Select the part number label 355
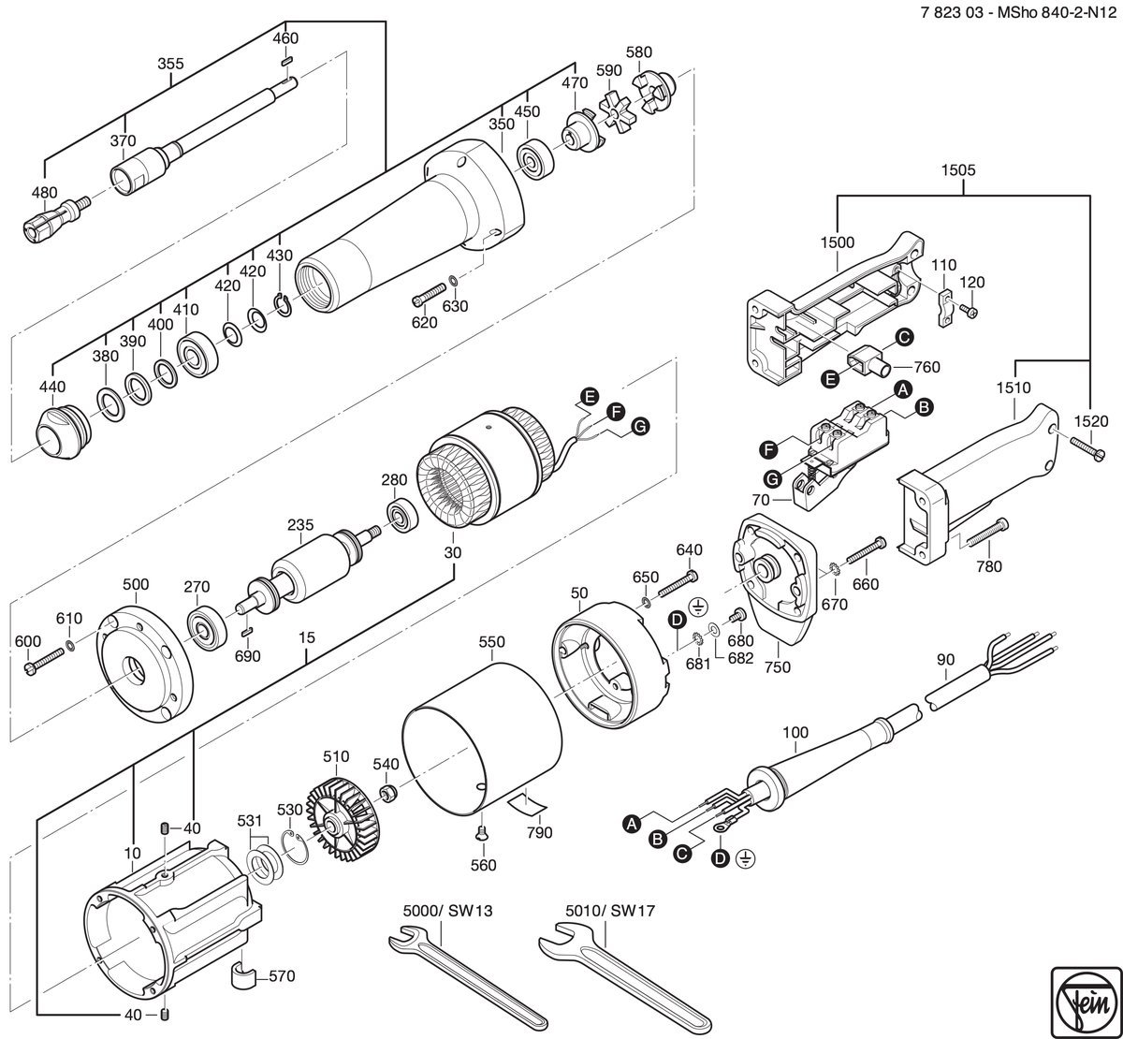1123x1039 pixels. [170, 64]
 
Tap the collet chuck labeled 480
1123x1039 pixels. [55, 219]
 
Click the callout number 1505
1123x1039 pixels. [958, 169]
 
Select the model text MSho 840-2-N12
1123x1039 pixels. [1057, 12]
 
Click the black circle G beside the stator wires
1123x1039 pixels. [640, 426]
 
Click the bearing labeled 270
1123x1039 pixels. [207, 628]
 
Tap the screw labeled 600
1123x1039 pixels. [45, 661]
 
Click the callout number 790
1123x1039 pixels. [538, 832]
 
